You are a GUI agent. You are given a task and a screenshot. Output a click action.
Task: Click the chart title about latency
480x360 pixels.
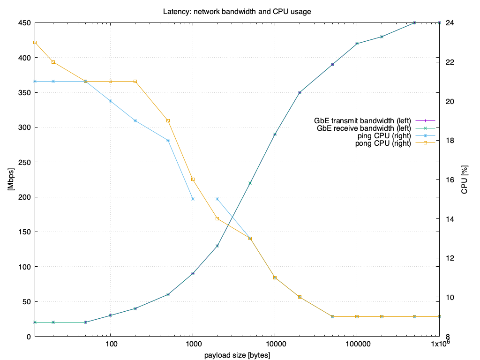coord(240,11)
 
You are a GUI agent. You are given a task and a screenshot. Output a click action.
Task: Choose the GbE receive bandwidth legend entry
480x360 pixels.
coord(363,128)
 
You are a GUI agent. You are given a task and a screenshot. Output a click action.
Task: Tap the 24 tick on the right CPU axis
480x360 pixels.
coord(449,23)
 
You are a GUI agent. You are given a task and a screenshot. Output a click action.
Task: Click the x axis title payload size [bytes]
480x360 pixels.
coord(237,355)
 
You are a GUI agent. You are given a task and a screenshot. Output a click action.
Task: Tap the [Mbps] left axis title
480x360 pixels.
coord(10,180)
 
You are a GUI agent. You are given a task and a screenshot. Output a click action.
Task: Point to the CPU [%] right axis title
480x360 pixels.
coord(465,180)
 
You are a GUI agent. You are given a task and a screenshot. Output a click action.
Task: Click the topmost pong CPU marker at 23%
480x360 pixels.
coord(35,43)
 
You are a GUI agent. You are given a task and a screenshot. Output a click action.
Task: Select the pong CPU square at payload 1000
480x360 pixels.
coord(193,180)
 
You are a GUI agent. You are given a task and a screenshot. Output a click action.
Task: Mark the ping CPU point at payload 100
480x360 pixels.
coord(111,101)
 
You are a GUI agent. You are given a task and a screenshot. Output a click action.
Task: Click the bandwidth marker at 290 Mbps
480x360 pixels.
coord(275,134)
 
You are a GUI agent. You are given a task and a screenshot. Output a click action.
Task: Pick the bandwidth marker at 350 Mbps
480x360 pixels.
coord(300,92)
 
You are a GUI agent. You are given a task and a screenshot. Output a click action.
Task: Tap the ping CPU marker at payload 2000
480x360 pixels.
coord(217,199)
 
